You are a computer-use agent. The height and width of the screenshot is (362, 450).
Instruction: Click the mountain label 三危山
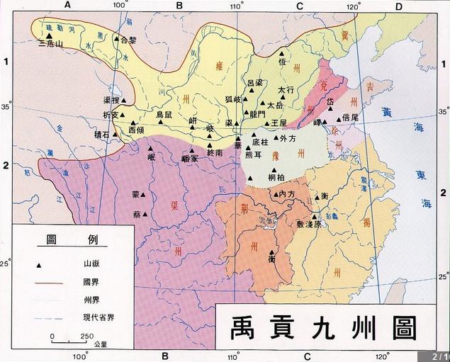[x=50, y=43]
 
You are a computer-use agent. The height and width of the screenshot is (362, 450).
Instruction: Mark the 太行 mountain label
[x=285, y=90]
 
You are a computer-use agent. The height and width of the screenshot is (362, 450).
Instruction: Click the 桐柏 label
[x=277, y=176]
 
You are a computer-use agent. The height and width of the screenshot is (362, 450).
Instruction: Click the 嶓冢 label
[x=192, y=159]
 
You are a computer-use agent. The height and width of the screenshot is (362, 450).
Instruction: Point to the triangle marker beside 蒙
[x=145, y=194]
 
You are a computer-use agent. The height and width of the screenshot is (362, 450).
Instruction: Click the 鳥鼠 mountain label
[x=164, y=113]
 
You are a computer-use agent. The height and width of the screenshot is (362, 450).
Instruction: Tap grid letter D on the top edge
[x=398, y=6]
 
